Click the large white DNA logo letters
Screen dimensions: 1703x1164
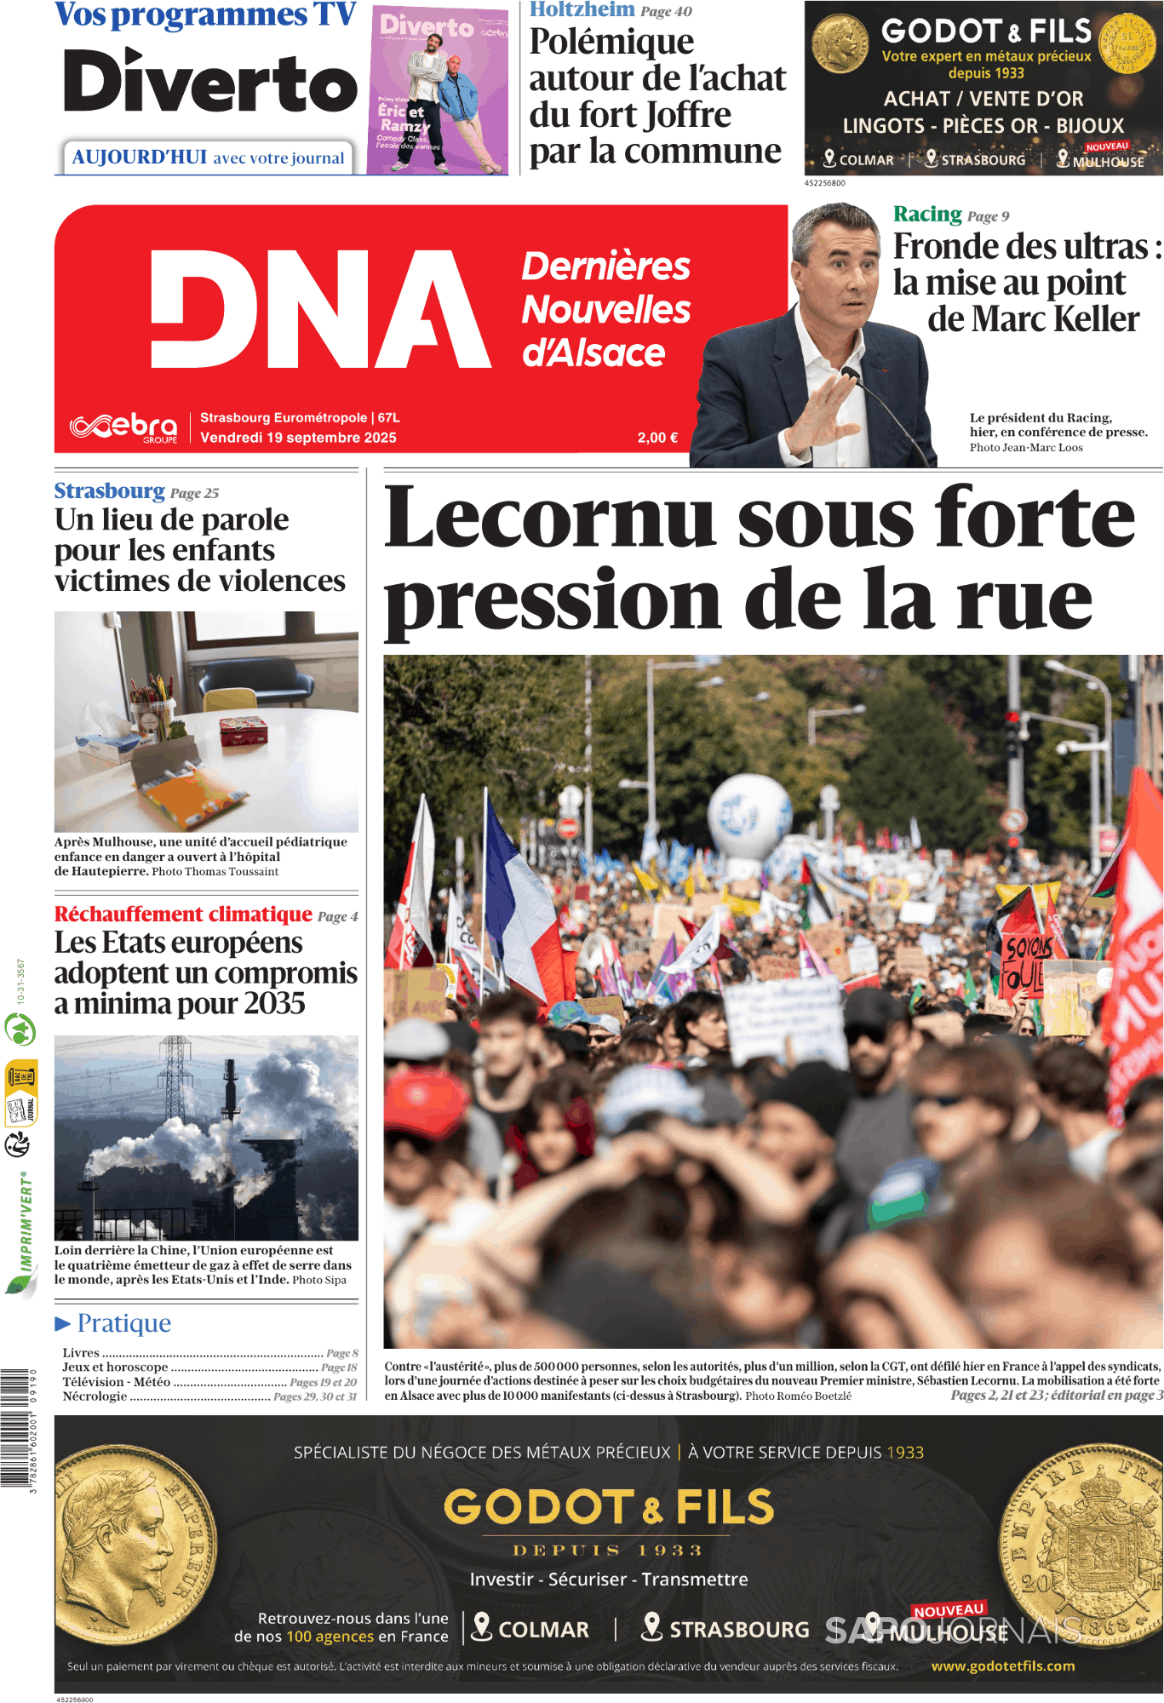pos(319,309)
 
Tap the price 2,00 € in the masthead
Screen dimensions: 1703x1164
pos(657,438)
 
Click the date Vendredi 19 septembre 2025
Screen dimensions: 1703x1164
pos(298,438)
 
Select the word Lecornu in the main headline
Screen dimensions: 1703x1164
pos(549,518)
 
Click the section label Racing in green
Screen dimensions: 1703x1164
pos(927,214)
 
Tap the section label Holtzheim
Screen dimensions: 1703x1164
pos(582,9)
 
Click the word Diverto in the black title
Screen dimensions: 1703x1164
pos(210,83)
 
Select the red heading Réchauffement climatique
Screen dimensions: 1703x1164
pos(183,915)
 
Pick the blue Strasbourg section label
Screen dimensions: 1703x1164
pos(109,491)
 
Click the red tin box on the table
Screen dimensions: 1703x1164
pos(244,729)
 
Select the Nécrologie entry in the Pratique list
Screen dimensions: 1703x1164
pos(95,1396)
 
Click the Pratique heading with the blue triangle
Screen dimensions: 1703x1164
pos(113,1322)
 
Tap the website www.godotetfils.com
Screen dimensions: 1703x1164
pos(1002,1666)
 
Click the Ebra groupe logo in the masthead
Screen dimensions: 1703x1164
pos(124,427)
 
